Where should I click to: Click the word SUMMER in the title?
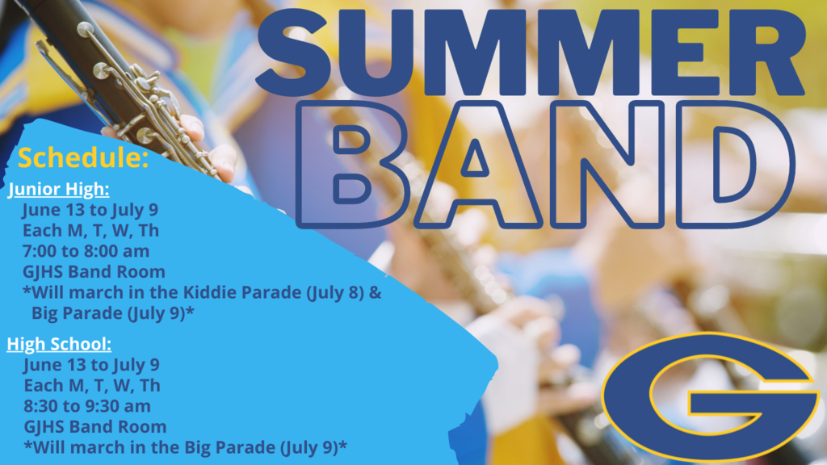[x=531, y=52]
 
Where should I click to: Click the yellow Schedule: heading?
[x=83, y=157]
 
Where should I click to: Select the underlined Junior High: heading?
[x=58, y=189]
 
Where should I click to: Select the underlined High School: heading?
[x=59, y=344]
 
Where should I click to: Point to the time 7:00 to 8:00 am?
[x=86, y=251]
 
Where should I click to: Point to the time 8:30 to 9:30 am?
[x=87, y=406]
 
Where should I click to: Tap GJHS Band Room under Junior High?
[x=94, y=271]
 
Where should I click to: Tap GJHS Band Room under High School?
[x=95, y=426]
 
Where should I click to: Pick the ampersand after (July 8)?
[x=375, y=292]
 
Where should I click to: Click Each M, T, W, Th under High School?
[x=92, y=385]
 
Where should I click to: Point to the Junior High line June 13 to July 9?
[x=90, y=210]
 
